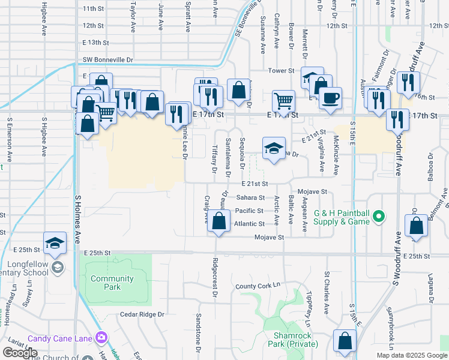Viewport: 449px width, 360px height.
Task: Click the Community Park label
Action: [112, 283]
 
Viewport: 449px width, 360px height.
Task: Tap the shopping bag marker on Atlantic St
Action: [218, 222]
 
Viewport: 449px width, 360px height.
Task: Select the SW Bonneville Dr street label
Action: [108, 60]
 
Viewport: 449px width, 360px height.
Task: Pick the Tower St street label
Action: [280, 71]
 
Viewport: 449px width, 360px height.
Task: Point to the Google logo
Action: [20, 353]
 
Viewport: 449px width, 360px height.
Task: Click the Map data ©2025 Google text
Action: [412, 355]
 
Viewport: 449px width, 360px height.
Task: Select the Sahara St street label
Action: [250, 197]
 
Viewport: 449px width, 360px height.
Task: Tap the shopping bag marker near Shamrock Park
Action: [345, 341]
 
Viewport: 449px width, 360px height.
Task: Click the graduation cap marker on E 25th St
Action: [55, 242]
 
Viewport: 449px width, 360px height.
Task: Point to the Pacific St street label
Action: [249, 211]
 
